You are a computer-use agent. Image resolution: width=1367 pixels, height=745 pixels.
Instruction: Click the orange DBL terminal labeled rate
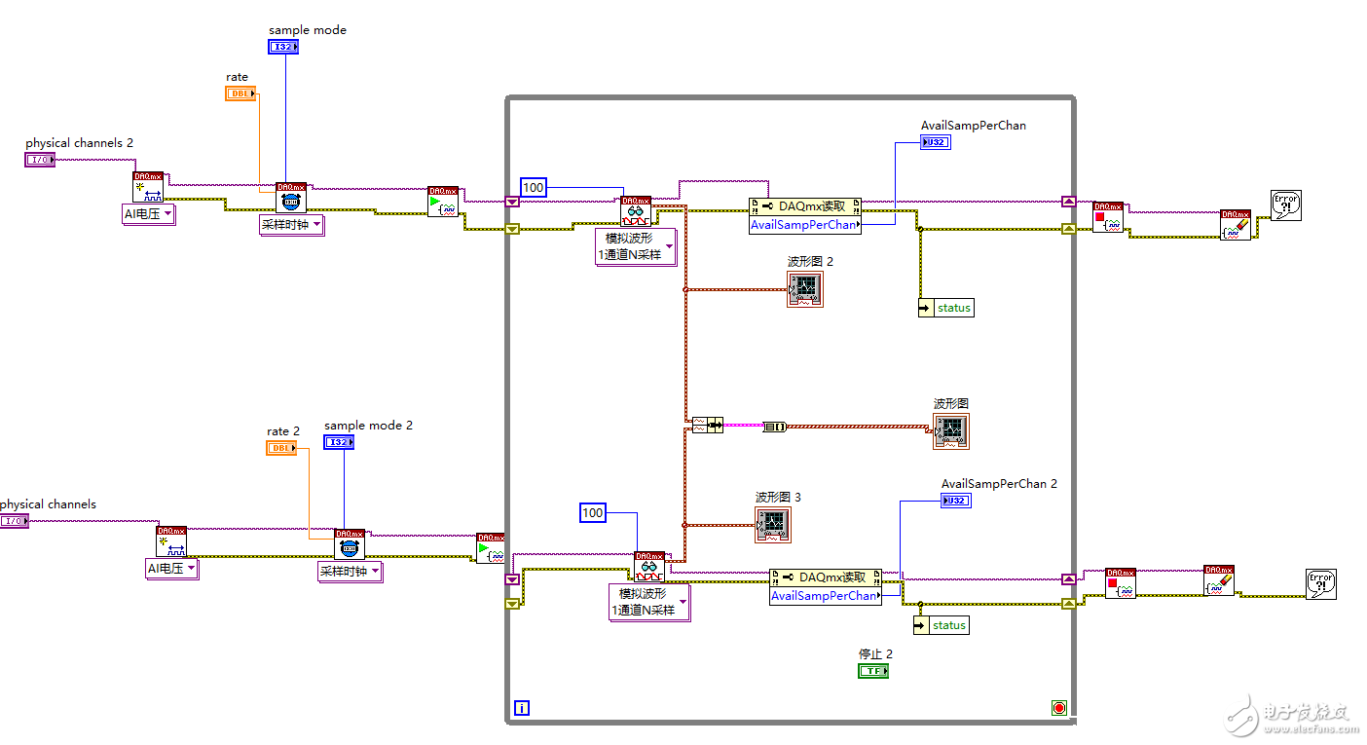(240, 93)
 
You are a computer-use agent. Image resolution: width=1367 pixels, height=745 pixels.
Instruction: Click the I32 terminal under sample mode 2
(339, 442)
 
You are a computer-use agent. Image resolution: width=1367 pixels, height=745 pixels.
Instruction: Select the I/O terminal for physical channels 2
(40, 160)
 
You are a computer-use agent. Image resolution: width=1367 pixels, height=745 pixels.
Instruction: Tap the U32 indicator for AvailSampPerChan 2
(956, 501)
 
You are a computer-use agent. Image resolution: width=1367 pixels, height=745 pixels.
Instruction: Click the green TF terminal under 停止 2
(873, 671)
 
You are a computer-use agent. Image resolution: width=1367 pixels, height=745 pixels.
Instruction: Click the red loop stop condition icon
(1059, 708)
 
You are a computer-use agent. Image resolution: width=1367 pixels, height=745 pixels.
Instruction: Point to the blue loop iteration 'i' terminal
(522, 708)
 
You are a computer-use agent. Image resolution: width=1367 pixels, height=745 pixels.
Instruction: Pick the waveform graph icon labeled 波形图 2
(805, 289)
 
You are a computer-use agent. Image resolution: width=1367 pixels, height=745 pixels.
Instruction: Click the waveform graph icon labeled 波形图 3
(773, 525)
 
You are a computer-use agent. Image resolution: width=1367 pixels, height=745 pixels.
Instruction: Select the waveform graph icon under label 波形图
(951, 430)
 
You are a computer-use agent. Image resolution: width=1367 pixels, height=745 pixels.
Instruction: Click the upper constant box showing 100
(534, 187)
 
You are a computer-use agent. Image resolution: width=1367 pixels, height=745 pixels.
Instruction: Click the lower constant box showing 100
(593, 512)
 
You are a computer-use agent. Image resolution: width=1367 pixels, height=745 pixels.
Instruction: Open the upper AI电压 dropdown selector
(148, 214)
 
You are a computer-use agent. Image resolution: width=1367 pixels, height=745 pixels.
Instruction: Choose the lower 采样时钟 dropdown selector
(350, 572)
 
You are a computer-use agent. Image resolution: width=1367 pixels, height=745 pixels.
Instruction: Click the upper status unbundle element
(945, 308)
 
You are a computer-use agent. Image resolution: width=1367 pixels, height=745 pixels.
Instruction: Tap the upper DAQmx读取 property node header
(805, 206)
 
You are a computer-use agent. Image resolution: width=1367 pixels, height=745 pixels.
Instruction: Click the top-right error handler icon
(1286, 205)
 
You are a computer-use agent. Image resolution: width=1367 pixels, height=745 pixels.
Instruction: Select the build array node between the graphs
(708, 425)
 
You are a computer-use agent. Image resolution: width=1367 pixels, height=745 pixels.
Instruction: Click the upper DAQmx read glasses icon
(636, 210)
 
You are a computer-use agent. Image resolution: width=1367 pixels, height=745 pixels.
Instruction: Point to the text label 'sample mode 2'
(368, 426)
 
